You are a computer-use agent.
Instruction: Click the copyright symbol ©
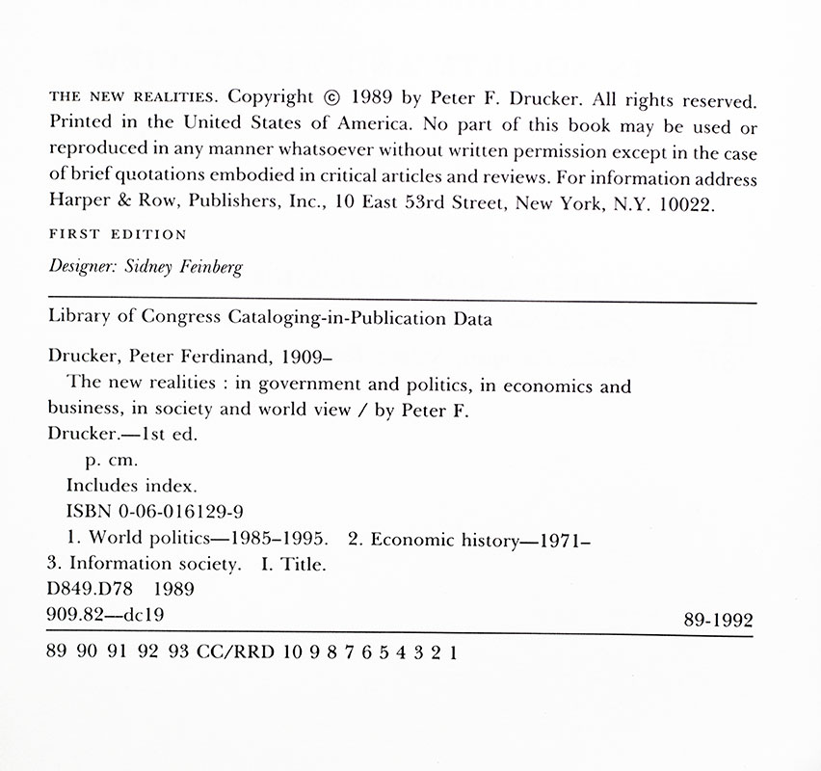(331, 97)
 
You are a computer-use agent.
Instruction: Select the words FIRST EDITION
(118, 234)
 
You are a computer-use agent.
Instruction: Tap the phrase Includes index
(131, 487)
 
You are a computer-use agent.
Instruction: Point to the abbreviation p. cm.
(112, 462)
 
